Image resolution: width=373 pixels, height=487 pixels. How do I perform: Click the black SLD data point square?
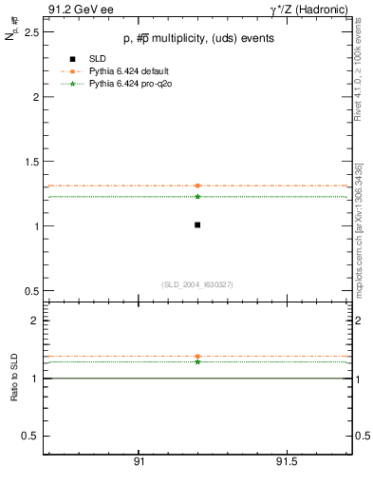point(197,224)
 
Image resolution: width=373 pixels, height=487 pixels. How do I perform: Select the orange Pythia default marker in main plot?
point(197,185)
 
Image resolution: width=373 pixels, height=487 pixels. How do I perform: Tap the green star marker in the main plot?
point(197,196)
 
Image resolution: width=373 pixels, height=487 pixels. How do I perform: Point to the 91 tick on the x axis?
point(139,462)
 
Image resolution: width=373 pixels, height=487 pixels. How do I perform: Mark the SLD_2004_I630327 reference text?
point(197,283)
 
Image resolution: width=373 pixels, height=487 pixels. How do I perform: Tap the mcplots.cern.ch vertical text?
point(358,237)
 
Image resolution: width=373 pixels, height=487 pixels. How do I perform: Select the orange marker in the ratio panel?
point(197,357)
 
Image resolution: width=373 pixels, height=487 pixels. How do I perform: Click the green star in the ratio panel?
point(197,361)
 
